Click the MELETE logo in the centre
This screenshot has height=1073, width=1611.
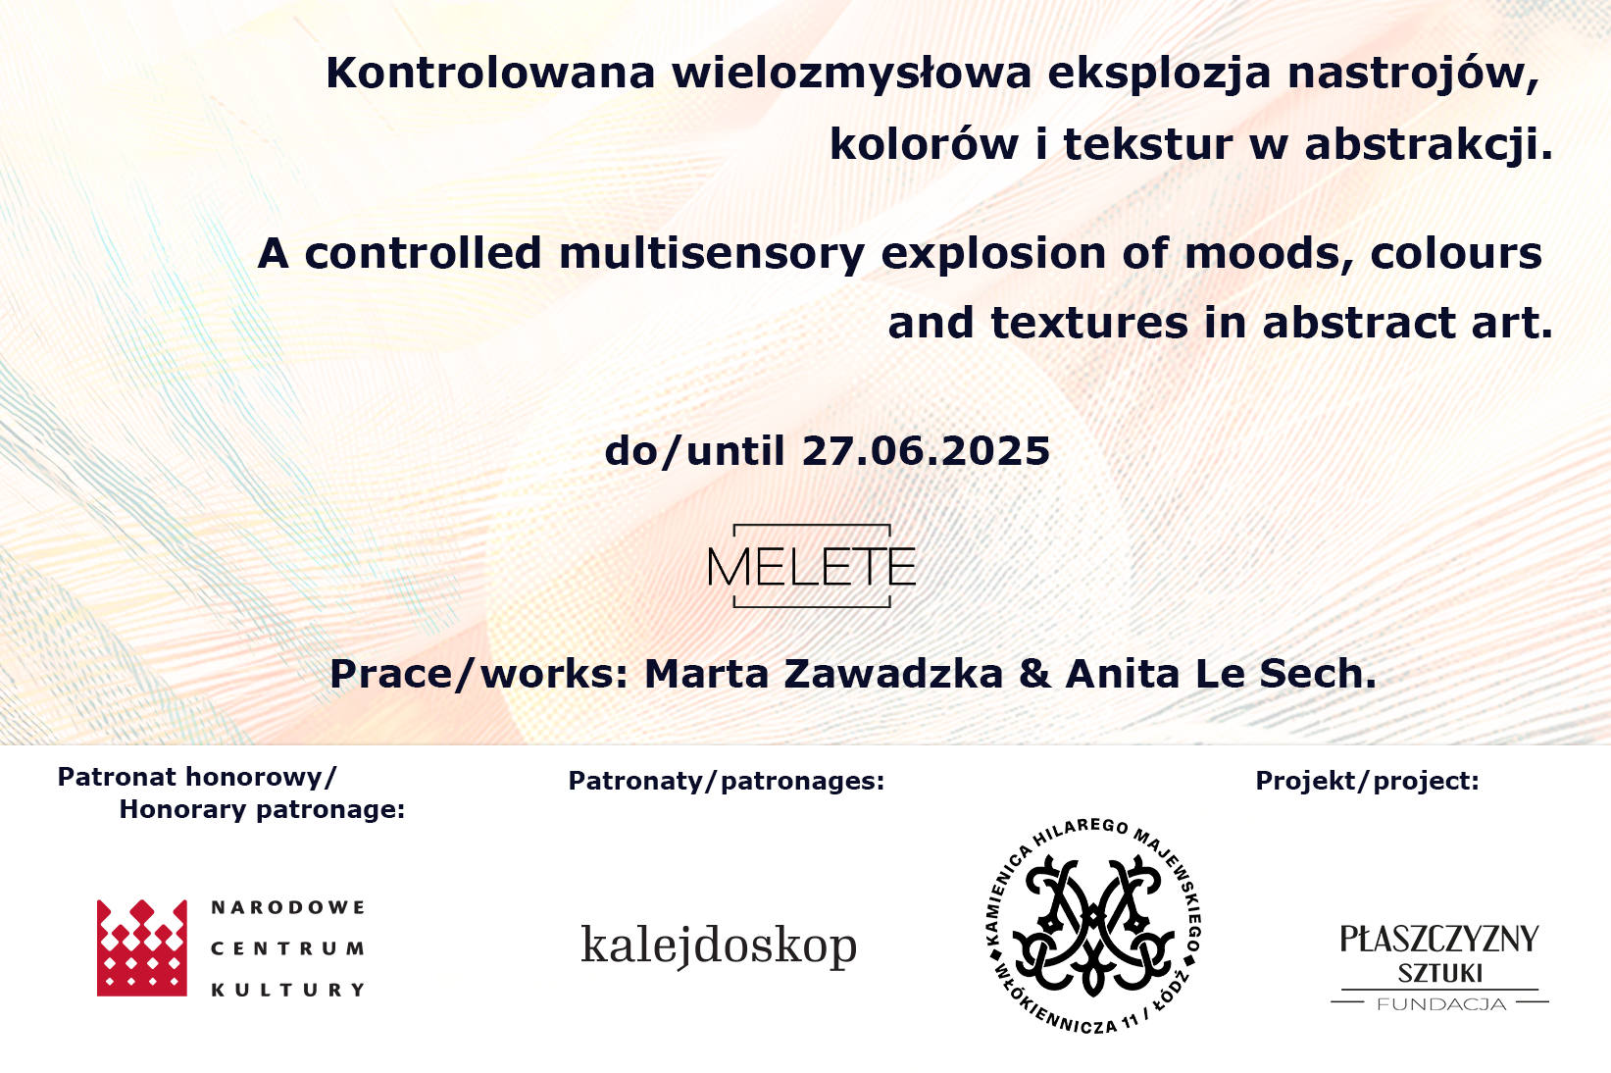(x=812, y=566)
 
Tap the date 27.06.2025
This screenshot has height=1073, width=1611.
(x=927, y=451)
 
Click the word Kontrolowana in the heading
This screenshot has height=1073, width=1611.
(x=490, y=73)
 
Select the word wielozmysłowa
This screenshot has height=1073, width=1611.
(x=851, y=75)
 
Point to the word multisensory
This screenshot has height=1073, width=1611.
(x=711, y=255)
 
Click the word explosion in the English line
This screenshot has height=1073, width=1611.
(x=992, y=255)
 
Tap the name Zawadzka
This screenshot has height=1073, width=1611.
(x=892, y=674)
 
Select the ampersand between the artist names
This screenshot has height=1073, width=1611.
(x=1034, y=674)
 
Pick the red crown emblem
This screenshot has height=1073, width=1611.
(x=141, y=947)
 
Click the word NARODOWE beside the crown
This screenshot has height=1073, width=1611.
(x=287, y=907)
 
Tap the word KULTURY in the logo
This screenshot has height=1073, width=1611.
(x=287, y=991)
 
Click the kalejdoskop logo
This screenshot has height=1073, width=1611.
(x=719, y=945)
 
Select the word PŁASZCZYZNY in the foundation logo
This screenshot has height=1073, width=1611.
(x=1439, y=939)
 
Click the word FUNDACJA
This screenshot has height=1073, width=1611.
(x=1441, y=1004)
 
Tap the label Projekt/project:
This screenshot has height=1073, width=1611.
(x=1367, y=781)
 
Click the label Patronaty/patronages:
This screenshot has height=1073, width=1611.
(x=727, y=781)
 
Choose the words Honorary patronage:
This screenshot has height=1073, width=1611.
(x=263, y=810)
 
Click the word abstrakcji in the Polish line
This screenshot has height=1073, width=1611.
(x=1429, y=145)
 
